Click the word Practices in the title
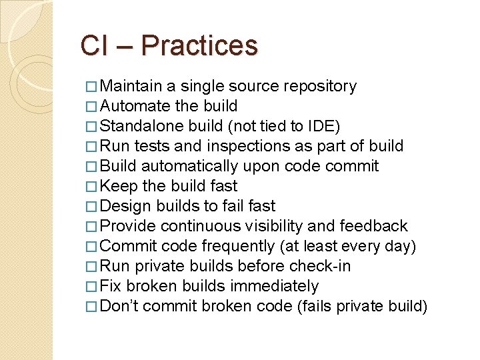click(199, 46)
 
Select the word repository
click(320, 86)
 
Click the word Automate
click(135, 106)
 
